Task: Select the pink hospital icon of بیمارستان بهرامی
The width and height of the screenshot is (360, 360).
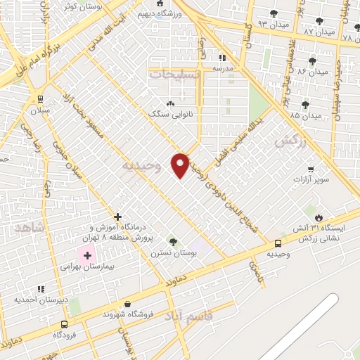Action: (87, 255)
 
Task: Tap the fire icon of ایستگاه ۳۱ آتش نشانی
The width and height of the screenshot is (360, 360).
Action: (321, 217)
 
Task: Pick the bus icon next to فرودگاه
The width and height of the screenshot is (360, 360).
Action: (65, 324)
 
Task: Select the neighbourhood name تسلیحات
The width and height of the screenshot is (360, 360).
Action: (174, 73)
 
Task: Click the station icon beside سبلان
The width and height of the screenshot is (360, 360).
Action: (39, 98)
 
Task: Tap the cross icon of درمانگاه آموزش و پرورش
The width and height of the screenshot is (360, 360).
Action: (117, 217)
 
